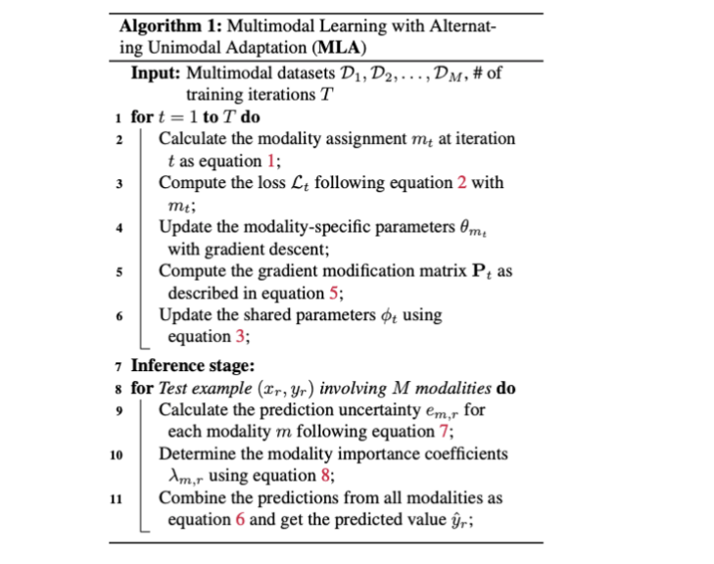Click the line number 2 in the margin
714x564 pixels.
click(119, 140)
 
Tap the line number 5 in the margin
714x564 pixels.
click(119, 272)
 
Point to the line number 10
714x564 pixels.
click(116, 454)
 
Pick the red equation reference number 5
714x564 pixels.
click(330, 294)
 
